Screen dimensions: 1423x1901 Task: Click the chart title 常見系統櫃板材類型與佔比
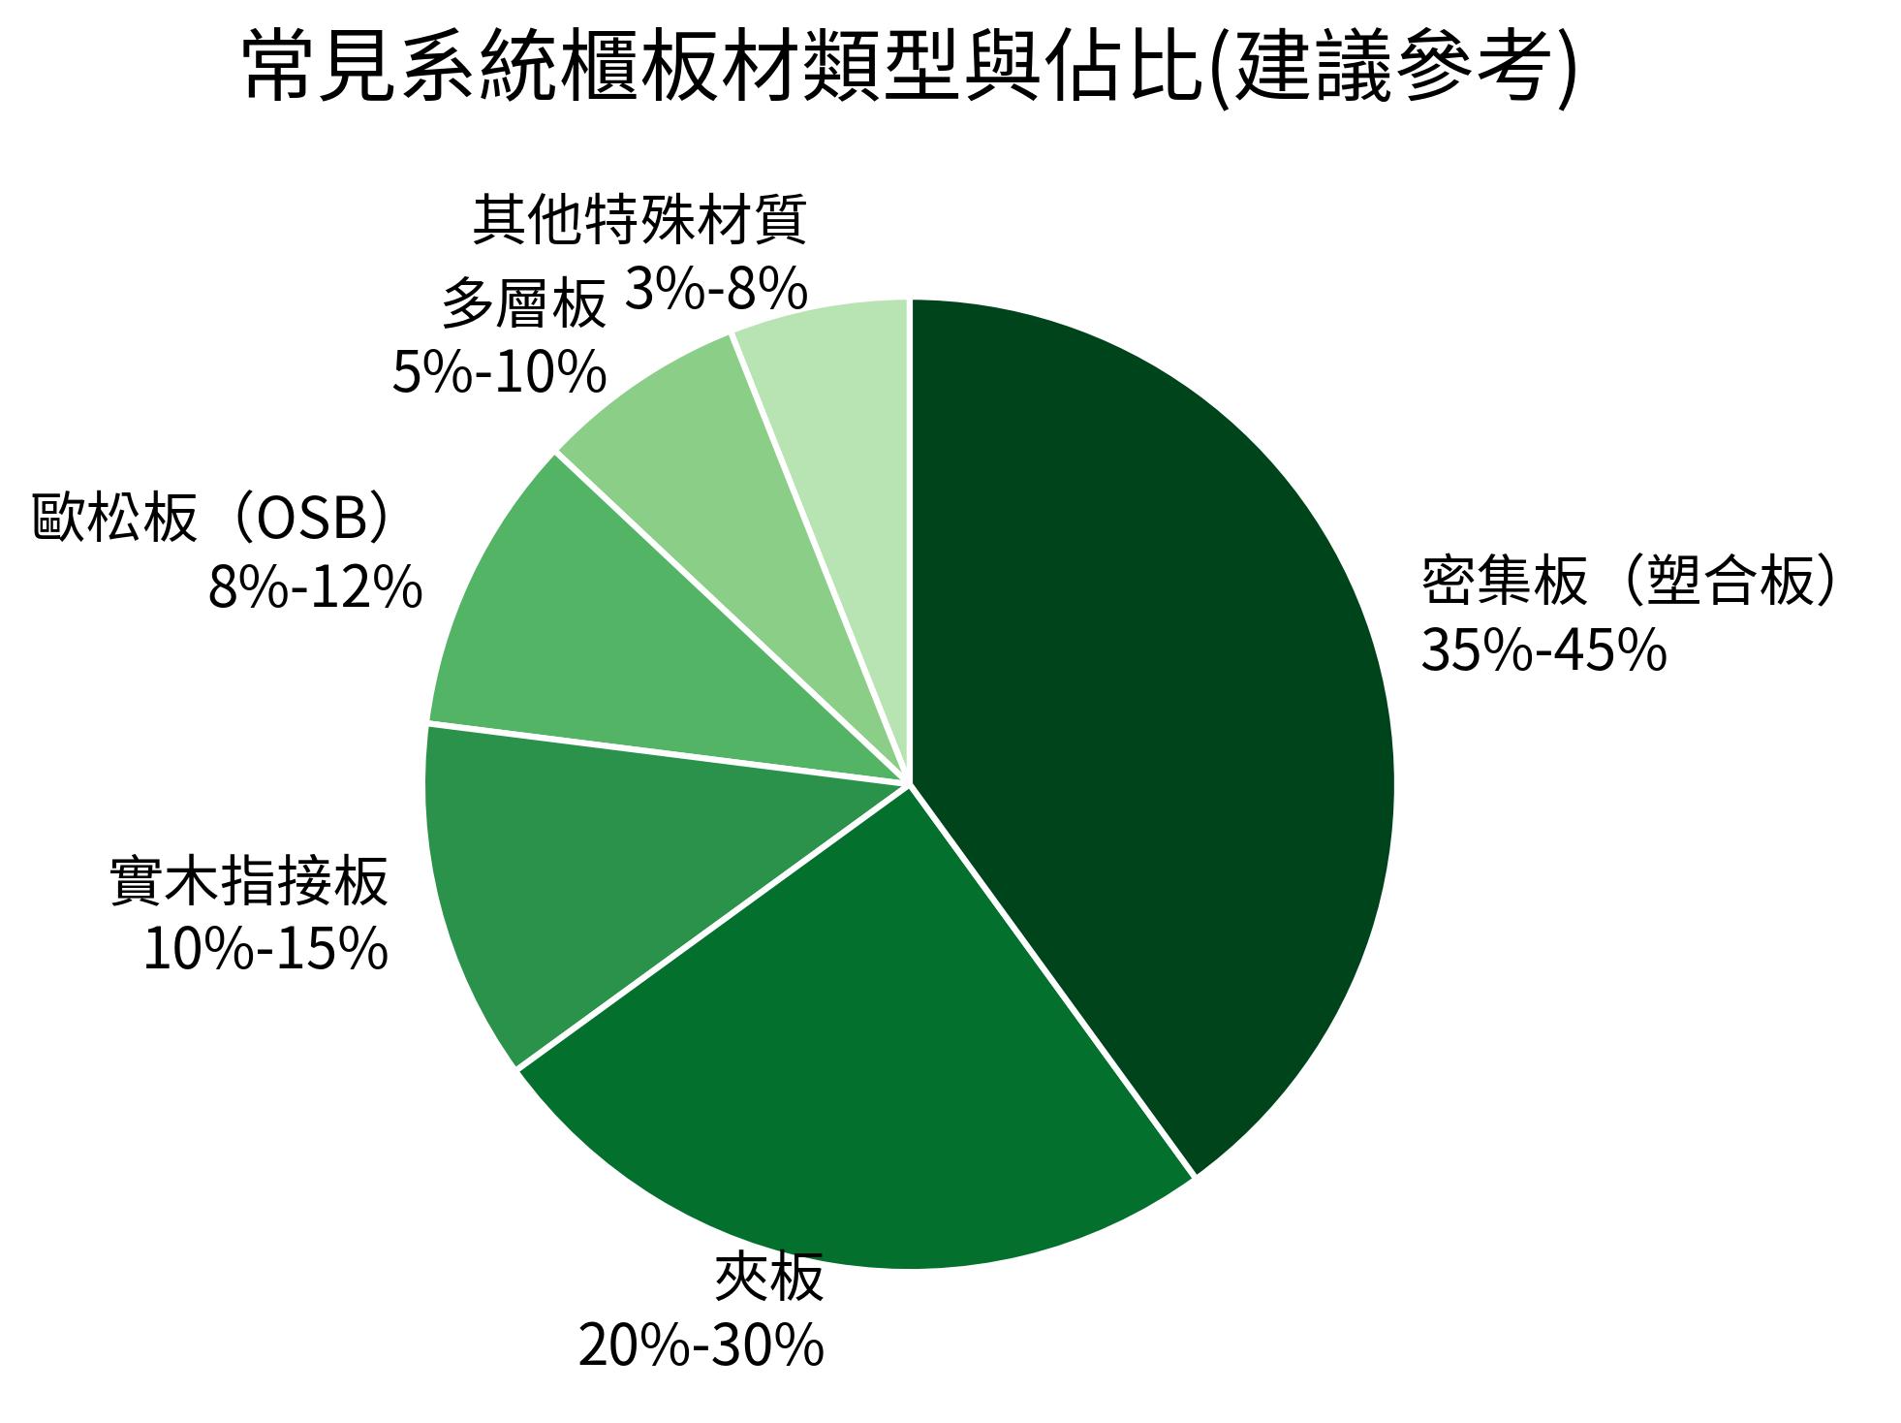click(717, 68)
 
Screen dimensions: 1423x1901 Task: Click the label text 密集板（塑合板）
click(1628, 583)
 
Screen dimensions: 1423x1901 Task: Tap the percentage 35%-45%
click(1543, 649)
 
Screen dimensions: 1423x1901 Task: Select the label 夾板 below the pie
click(768, 1278)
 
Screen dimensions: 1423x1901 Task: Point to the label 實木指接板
click(250, 881)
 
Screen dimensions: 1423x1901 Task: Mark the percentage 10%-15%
click(265, 949)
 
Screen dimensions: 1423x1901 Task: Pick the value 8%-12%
click(315, 587)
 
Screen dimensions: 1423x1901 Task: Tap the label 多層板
click(524, 304)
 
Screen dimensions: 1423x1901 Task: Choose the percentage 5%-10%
click(499, 373)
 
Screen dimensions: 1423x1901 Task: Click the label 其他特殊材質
click(639, 221)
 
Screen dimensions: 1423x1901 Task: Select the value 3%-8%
click(716, 289)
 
